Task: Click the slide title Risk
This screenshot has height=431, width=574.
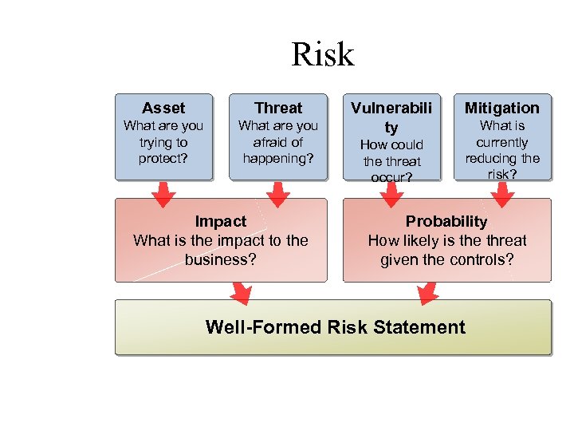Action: coord(322,54)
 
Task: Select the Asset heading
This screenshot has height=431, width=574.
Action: coord(163,108)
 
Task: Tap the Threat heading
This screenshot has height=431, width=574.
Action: coord(278,108)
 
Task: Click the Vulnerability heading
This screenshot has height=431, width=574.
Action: coord(391,117)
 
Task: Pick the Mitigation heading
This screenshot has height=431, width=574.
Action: coord(502,108)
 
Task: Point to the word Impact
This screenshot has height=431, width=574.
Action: coord(221,221)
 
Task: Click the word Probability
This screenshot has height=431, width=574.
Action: coord(446,221)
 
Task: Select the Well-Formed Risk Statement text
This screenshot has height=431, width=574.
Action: coord(335,327)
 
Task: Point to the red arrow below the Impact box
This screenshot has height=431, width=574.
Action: coord(240,293)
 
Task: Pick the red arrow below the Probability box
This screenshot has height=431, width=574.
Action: coord(428,293)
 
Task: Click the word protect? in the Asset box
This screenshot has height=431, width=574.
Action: coord(163,159)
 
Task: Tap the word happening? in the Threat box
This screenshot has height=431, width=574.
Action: coord(278,159)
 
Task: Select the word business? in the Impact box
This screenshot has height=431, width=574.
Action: coord(221,259)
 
